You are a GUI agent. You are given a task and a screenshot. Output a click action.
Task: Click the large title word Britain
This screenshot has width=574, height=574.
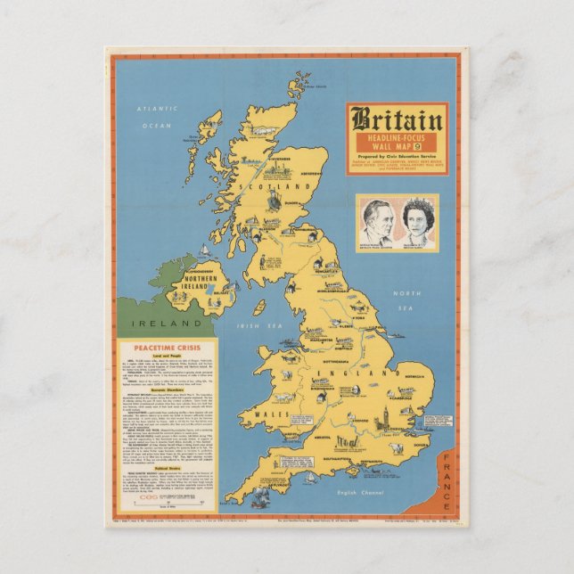tap(396, 119)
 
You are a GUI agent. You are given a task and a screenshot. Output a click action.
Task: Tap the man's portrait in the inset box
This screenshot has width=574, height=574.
tap(376, 221)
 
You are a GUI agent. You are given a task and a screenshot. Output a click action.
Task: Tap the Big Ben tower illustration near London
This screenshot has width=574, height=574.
tap(397, 443)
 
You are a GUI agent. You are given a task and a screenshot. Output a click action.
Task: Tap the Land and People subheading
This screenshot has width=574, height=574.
tap(164, 365)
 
